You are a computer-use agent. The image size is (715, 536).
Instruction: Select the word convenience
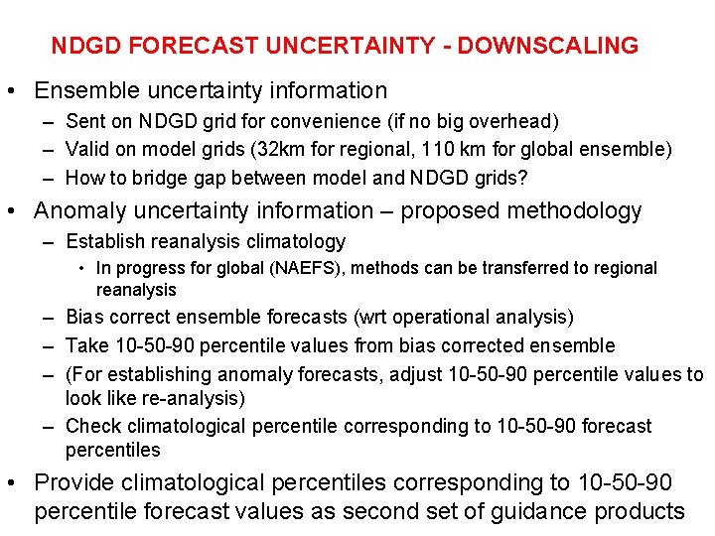[367, 121]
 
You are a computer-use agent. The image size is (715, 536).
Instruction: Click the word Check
[91, 426]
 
